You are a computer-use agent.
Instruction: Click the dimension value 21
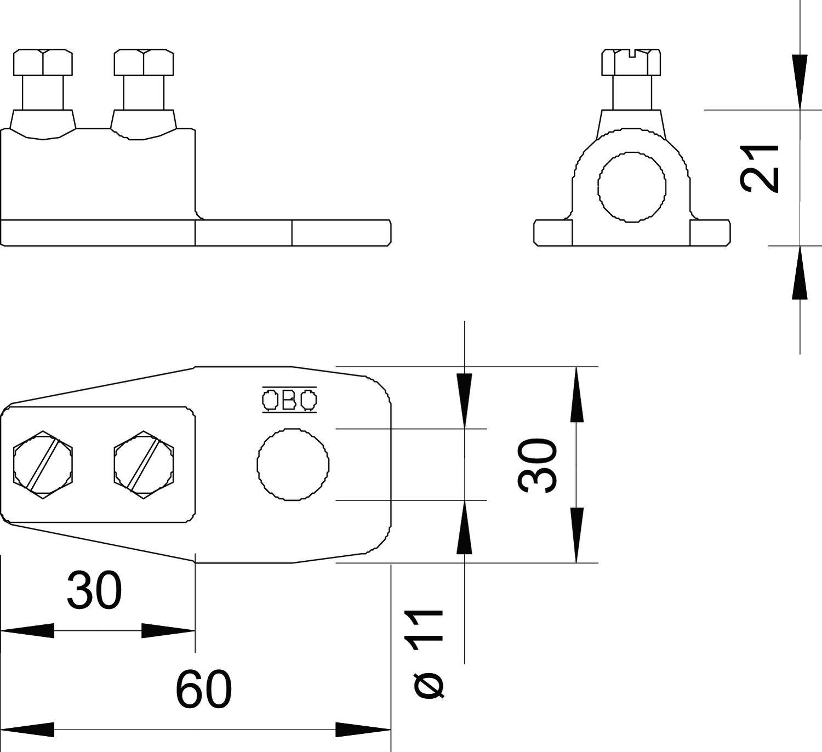pos(760,168)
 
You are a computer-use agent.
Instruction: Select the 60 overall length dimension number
pos(204,689)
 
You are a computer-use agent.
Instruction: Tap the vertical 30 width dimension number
pos(538,465)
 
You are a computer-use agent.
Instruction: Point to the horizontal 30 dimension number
pos(94,590)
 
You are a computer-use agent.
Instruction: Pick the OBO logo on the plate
pos(289,400)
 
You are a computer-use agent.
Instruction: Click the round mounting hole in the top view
pos(293,464)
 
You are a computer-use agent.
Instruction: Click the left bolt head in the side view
pos(43,62)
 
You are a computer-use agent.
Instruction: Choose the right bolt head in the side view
pos(144,62)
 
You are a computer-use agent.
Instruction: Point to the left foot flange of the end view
pos(552,233)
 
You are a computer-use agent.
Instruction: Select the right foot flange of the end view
pos(710,233)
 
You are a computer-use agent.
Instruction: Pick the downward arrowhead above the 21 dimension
pos(800,82)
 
